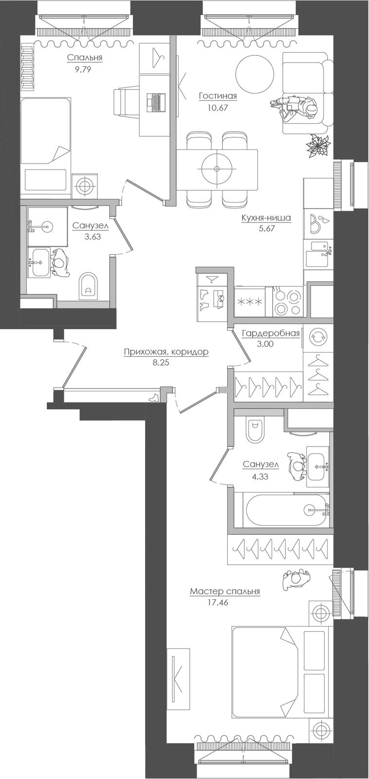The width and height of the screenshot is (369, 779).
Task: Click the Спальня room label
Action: (x=85, y=58)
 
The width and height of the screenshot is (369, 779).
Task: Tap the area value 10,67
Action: (x=218, y=108)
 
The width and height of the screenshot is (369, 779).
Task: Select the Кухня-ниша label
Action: (x=266, y=218)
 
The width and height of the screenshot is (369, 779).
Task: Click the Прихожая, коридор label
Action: (x=166, y=352)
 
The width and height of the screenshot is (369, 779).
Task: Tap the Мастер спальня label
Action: (x=225, y=592)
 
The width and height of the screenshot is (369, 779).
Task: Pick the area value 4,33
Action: (x=260, y=477)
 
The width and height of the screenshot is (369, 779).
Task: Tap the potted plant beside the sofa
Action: (x=317, y=146)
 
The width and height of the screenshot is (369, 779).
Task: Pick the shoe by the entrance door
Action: (x=153, y=398)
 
